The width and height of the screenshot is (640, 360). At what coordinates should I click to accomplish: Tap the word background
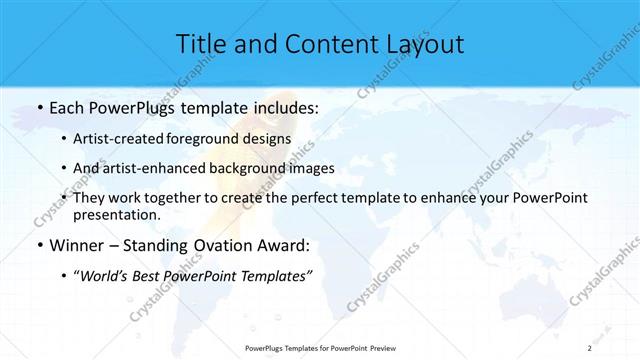pos(246,168)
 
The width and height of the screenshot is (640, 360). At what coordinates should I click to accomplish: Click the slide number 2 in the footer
pos(591,346)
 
